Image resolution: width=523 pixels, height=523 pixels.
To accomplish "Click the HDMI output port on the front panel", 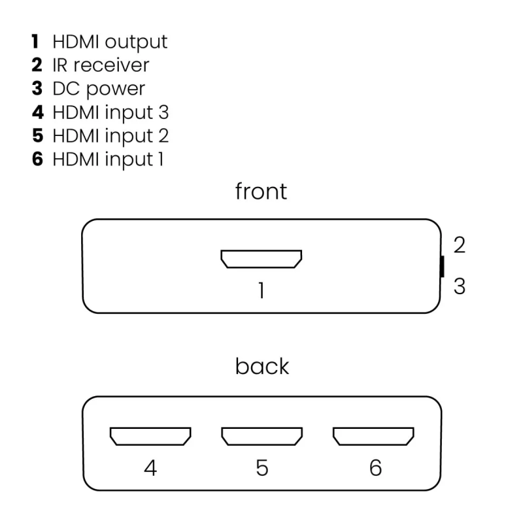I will tap(261, 260).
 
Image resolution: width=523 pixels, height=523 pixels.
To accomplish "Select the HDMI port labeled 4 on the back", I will tap(150, 436).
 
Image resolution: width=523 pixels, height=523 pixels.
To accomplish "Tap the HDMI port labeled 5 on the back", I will tap(261, 436).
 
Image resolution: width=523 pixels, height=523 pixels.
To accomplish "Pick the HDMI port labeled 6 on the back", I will tap(374, 436).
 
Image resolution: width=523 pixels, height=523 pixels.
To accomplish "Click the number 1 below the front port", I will tap(261, 290).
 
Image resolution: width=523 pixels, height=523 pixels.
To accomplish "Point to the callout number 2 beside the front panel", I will tap(460, 245).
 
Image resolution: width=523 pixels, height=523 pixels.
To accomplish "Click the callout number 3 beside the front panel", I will tap(460, 286).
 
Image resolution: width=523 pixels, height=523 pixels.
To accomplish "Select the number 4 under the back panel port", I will tap(150, 467).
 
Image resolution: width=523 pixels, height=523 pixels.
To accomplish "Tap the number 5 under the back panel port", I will tap(261, 467).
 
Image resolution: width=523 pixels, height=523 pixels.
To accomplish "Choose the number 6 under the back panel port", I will tap(375, 467).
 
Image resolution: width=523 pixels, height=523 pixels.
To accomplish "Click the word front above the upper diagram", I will tap(261, 192).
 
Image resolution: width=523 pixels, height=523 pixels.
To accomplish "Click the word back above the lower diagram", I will tap(261, 366).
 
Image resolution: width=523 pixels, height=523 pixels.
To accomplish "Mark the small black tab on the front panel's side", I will tap(442, 266).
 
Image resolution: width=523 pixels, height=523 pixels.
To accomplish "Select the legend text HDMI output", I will tap(110, 42).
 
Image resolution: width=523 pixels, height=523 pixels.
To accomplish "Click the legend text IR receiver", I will tap(101, 65).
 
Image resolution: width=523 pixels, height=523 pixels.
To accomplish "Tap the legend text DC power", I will tap(99, 89).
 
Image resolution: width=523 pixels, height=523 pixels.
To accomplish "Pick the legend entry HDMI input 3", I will tap(110, 112).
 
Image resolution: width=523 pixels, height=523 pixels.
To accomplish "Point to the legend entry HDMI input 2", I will tap(110, 135).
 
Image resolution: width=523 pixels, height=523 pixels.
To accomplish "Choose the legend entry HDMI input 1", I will tap(109, 159).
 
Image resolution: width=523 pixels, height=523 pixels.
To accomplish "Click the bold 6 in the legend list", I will tap(37, 159).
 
